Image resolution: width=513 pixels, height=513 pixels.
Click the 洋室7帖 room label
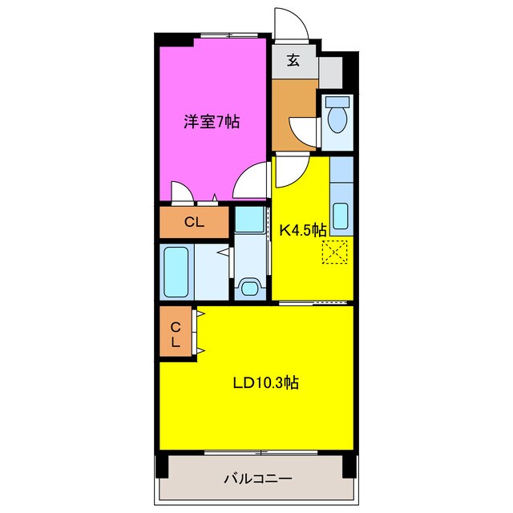[x=212, y=122]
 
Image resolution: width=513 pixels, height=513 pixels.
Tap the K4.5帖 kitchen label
[x=301, y=230]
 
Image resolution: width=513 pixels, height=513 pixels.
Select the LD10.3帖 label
[x=266, y=383]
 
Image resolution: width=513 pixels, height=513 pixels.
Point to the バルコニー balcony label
[x=256, y=479]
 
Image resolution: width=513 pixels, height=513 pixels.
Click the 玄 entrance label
[x=293, y=60]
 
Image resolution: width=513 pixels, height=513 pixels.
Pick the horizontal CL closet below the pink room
[x=194, y=223]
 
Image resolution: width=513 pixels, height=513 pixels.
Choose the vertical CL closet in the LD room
[x=175, y=333]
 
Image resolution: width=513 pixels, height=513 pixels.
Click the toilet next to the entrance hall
[x=337, y=119]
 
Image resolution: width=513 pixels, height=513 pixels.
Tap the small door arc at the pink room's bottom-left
[x=182, y=191]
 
